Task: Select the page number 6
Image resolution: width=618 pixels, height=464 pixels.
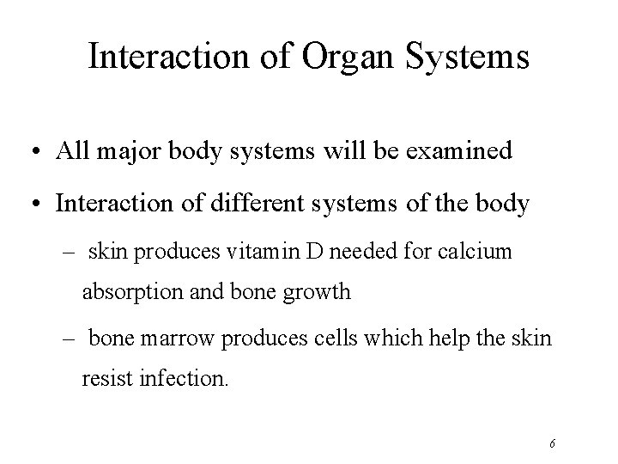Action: (x=553, y=443)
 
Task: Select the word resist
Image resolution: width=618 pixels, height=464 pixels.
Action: (x=106, y=379)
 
